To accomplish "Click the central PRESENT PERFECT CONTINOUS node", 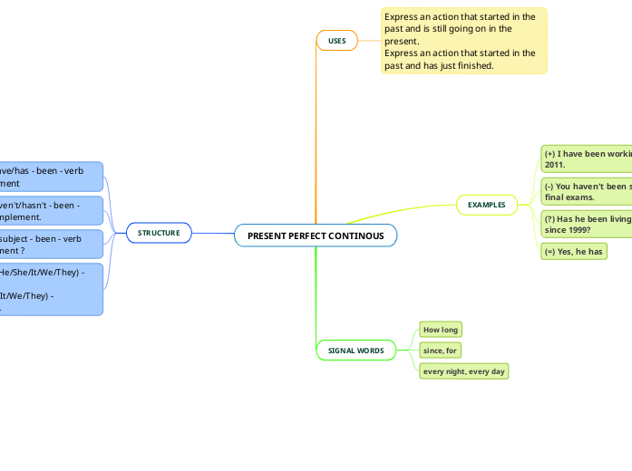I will [316, 235].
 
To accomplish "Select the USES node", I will [336, 41].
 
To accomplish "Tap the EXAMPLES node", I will [486, 205].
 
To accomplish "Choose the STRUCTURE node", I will [159, 233].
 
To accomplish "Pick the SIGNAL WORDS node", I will [355, 350].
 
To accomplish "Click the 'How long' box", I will [441, 330].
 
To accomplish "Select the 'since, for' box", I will [441, 350].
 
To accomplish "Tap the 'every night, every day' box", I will [463, 371].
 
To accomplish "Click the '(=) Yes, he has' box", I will [573, 251].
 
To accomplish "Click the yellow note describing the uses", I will [463, 41].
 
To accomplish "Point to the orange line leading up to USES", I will [316, 136].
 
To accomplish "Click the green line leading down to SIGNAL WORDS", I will [316, 299].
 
